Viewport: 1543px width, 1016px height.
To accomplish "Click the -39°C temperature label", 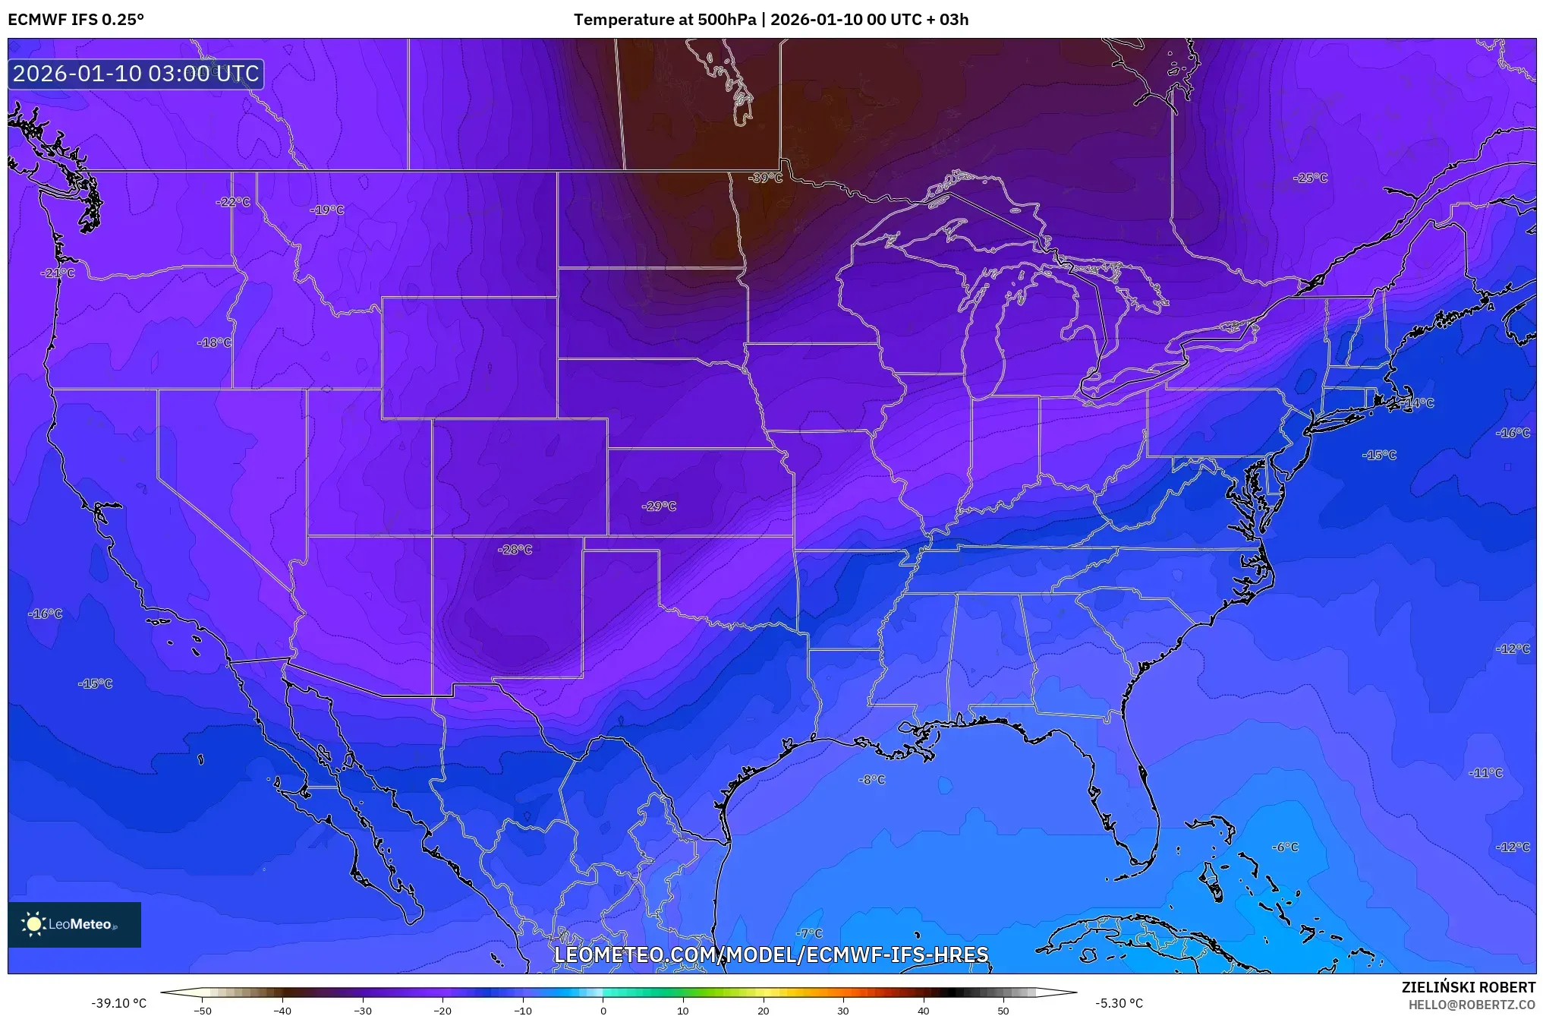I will [765, 178].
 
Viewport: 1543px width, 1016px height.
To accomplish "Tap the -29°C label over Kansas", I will [659, 506].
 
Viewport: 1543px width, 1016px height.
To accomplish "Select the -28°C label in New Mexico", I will [515, 550].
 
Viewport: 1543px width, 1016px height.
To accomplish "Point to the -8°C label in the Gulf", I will [872, 780].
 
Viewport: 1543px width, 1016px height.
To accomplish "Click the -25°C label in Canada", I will [1311, 178].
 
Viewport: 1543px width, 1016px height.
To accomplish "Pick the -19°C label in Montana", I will [328, 210].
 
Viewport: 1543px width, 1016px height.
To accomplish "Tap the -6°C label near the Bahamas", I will [1286, 847].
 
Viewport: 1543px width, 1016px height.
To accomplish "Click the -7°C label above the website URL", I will [810, 933].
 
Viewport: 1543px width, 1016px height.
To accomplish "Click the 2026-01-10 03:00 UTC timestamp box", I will [136, 74].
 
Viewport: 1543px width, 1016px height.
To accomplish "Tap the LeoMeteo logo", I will [74, 924].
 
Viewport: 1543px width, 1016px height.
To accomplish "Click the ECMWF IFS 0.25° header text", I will [76, 20].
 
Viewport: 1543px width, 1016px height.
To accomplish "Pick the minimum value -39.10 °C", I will [119, 1003].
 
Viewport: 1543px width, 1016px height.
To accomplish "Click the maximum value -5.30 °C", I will [1119, 1003].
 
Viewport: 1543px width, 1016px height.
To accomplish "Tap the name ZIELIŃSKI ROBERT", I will [1468, 987].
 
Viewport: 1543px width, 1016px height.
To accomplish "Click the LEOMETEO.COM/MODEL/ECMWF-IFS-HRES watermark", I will [771, 954].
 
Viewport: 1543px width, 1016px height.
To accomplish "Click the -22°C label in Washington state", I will [233, 202].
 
